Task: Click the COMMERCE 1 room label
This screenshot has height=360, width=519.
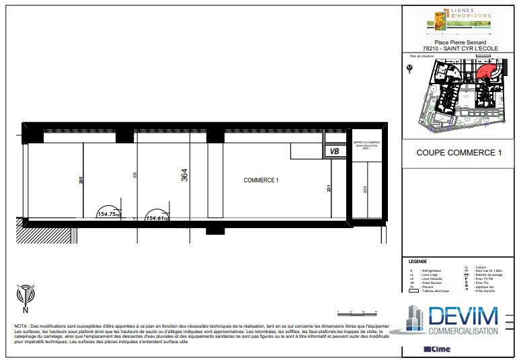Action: [x=260, y=180]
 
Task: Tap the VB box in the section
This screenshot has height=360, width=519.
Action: [x=334, y=152]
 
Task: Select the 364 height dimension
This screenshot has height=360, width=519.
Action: [x=184, y=175]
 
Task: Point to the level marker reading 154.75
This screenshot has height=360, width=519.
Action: [x=108, y=214]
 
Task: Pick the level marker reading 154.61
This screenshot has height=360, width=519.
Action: [x=156, y=218]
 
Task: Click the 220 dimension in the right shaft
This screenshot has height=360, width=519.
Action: [x=365, y=189]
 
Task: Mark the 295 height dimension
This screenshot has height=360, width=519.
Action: [x=81, y=180]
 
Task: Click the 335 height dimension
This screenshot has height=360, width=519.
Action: [x=135, y=175]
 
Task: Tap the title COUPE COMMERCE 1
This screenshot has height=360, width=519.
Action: [x=459, y=153]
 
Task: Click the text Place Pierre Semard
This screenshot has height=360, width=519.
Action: [x=458, y=42]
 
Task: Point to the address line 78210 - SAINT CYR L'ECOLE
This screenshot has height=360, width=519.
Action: [x=458, y=48]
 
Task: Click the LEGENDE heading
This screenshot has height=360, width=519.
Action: [x=417, y=262]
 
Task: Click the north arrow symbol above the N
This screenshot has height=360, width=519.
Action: [x=25, y=294]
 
